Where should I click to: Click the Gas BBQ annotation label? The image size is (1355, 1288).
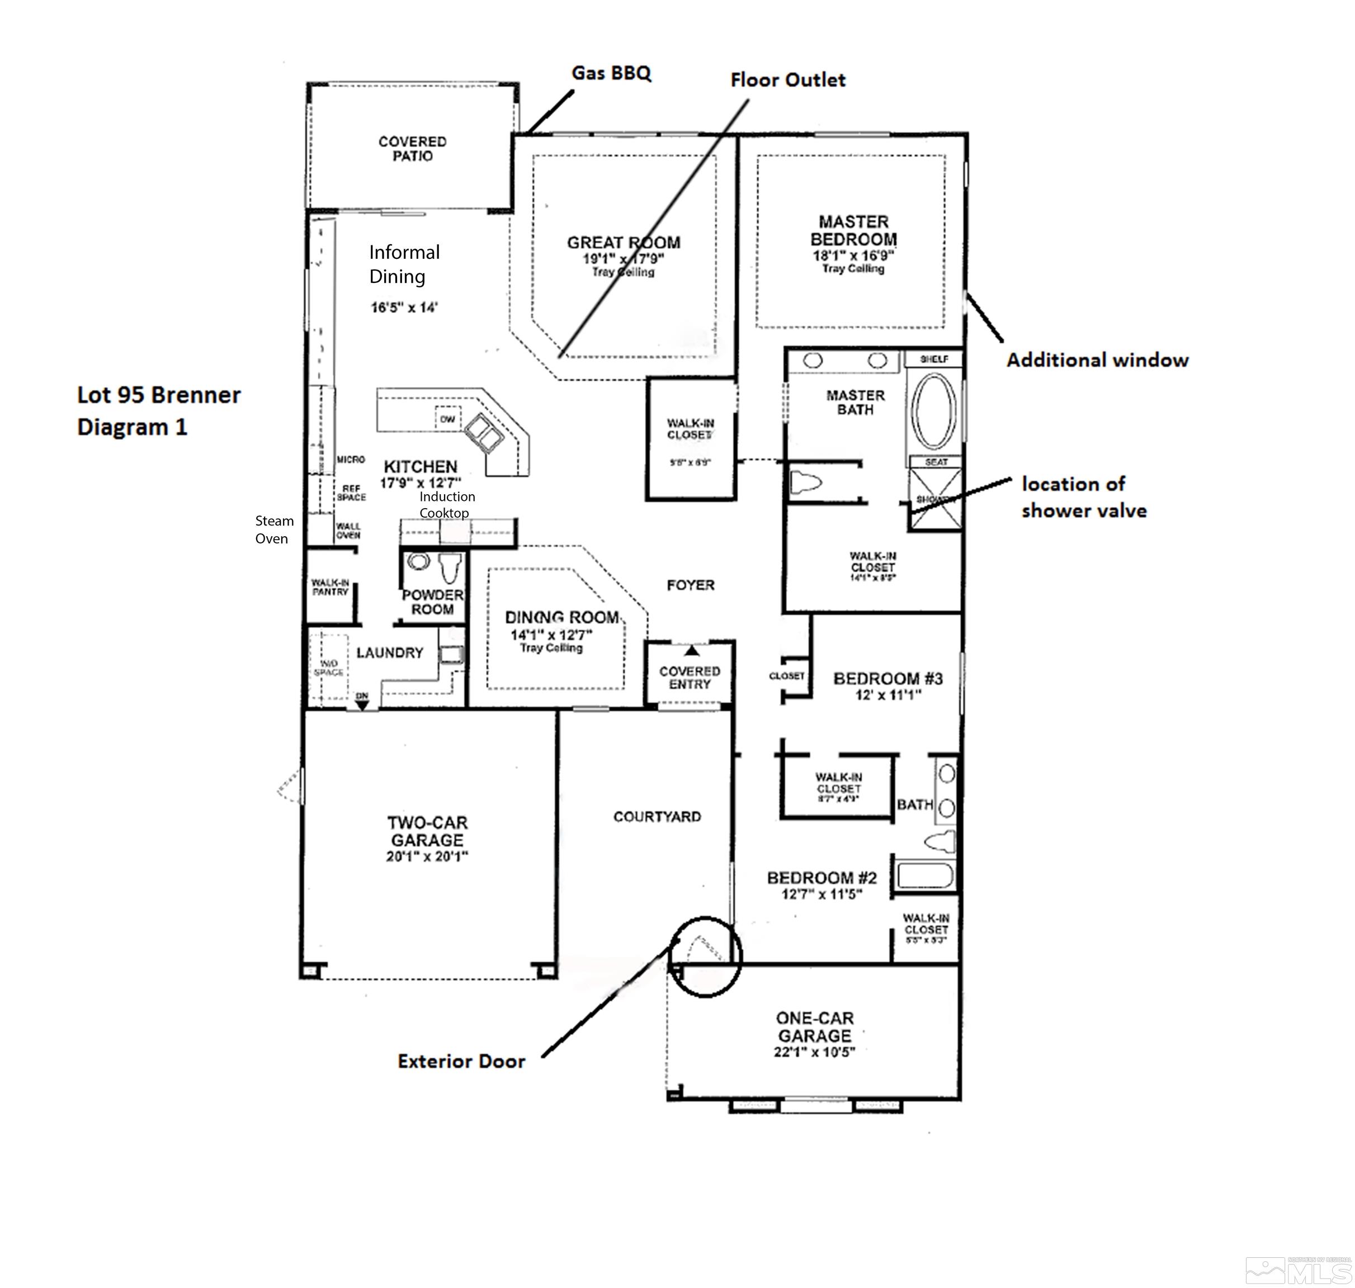611,73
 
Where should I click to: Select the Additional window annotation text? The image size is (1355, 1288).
1097,360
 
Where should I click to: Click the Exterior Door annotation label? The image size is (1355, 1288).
461,1060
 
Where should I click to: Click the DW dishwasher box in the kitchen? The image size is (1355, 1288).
447,419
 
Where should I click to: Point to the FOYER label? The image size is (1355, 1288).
690,585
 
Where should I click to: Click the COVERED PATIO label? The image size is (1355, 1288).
412,148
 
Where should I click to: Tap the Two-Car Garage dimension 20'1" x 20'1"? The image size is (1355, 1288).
427,856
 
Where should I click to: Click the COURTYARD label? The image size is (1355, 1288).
657,816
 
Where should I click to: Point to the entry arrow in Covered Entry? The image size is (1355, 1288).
692,650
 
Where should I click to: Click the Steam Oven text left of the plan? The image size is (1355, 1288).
273,529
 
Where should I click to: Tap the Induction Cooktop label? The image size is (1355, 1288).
446,505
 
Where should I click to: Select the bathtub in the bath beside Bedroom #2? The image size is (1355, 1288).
924,876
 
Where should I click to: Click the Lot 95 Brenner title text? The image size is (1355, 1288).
159,395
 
